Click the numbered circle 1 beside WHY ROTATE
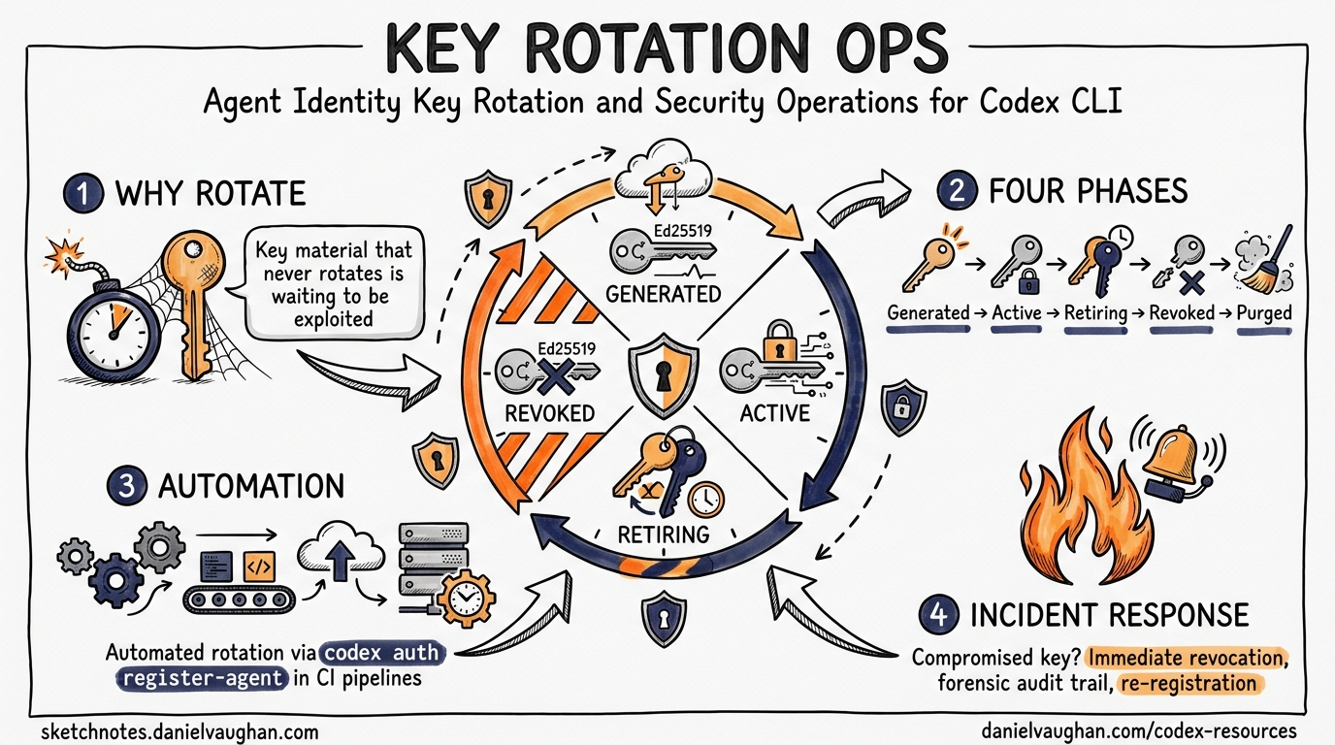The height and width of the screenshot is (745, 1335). point(85,193)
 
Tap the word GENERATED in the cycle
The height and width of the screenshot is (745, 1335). point(664,293)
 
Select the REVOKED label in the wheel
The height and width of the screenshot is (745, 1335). point(549,413)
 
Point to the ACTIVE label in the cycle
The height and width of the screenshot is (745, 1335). point(774,413)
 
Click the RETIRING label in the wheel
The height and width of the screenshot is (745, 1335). point(664,534)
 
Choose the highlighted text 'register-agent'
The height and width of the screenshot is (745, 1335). point(202,678)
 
